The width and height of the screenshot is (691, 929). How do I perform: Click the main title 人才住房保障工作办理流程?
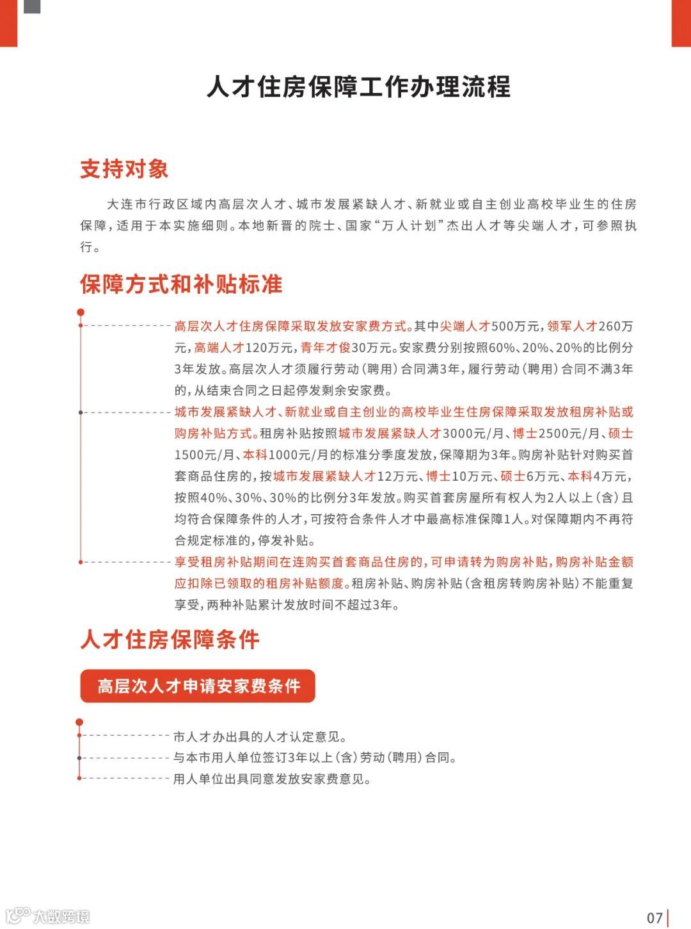(358, 87)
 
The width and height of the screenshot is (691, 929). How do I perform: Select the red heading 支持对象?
(124, 169)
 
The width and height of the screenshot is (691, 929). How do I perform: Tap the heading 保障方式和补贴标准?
(181, 284)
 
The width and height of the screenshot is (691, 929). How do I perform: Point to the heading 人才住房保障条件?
(170, 640)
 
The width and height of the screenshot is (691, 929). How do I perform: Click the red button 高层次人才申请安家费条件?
(198, 686)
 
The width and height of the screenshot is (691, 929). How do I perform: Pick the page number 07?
(655, 917)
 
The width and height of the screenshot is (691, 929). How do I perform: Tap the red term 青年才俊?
(326, 348)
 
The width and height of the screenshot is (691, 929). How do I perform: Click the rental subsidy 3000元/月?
(473, 433)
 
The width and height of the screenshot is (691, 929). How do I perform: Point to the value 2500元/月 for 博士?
(569, 433)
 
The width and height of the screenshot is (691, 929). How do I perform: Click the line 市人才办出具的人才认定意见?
(260, 737)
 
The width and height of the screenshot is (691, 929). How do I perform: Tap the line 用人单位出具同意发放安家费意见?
(272, 779)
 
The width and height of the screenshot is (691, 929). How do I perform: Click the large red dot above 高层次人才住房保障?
(81, 312)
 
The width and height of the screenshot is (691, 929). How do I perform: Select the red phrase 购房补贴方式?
(214, 433)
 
